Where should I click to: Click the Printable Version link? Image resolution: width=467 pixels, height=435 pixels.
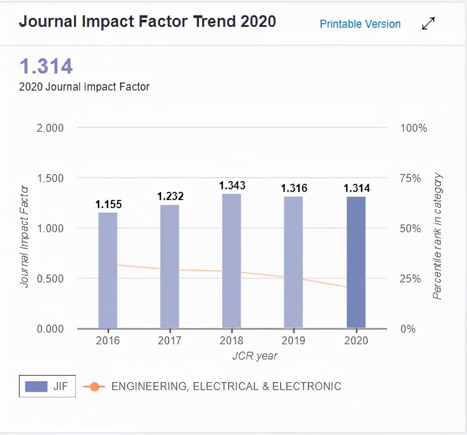point(360,24)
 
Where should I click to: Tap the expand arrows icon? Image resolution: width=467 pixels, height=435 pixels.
point(428,24)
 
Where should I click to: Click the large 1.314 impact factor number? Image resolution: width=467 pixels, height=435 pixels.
point(46,67)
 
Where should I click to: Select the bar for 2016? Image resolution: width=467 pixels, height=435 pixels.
point(108,270)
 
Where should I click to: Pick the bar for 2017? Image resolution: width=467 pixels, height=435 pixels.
point(169,266)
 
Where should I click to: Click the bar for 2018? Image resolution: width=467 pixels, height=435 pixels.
point(231,261)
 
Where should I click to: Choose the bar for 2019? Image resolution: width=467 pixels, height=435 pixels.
point(294,262)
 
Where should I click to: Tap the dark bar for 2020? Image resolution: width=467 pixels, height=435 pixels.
point(356,262)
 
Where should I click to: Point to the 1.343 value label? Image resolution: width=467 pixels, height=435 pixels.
point(232,185)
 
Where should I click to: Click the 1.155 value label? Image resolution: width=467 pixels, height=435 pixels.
point(108,204)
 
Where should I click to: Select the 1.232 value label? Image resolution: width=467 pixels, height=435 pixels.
point(170,196)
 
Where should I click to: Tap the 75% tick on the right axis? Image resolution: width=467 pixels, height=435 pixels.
point(411,178)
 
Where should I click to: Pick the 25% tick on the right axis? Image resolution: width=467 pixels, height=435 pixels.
point(411,279)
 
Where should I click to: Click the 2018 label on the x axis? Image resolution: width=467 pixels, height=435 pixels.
point(232,340)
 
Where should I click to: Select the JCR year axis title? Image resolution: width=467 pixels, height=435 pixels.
point(255,356)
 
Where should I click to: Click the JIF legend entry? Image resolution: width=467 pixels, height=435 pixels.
point(48,386)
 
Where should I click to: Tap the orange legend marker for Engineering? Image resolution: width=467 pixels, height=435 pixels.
point(94,387)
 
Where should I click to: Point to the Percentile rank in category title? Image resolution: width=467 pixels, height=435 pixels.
point(437,237)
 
